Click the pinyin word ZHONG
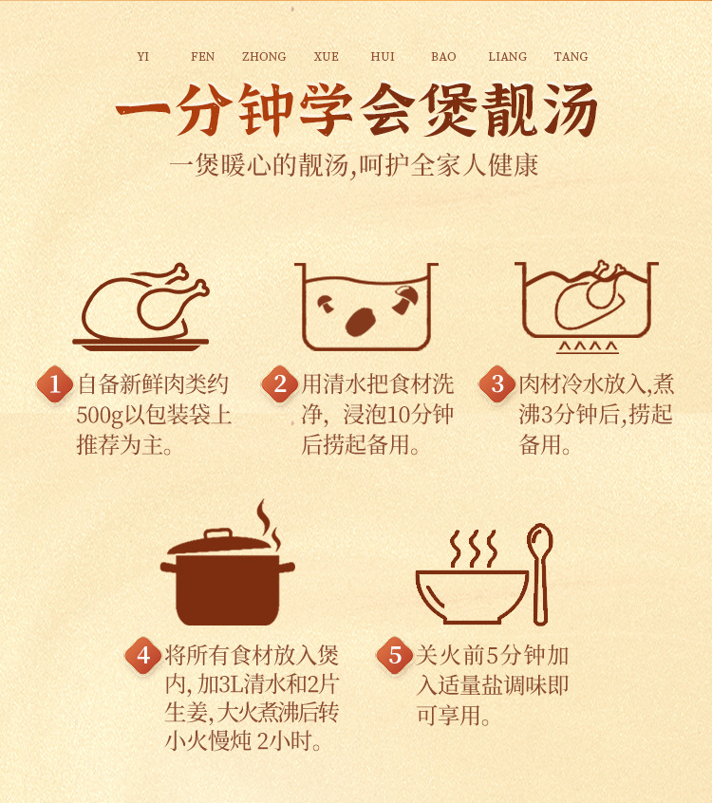click(x=264, y=56)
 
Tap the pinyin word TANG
click(x=571, y=56)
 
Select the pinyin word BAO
click(x=443, y=56)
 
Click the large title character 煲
click(x=447, y=110)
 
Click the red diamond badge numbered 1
click(x=55, y=384)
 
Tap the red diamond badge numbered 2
click(x=280, y=384)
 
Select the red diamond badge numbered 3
click(x=497, y=384)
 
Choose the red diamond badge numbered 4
click(x=143, y=656)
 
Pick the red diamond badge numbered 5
click(x=394, y=656)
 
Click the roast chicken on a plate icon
click(x=141, y=308)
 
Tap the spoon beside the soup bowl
click(x=540, y=573)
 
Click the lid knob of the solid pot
click(x=218, y=534)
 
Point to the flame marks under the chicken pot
click(x=588, y=347)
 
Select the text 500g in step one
click(x=100, y=415)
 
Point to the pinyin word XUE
click(x=327, y=56)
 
